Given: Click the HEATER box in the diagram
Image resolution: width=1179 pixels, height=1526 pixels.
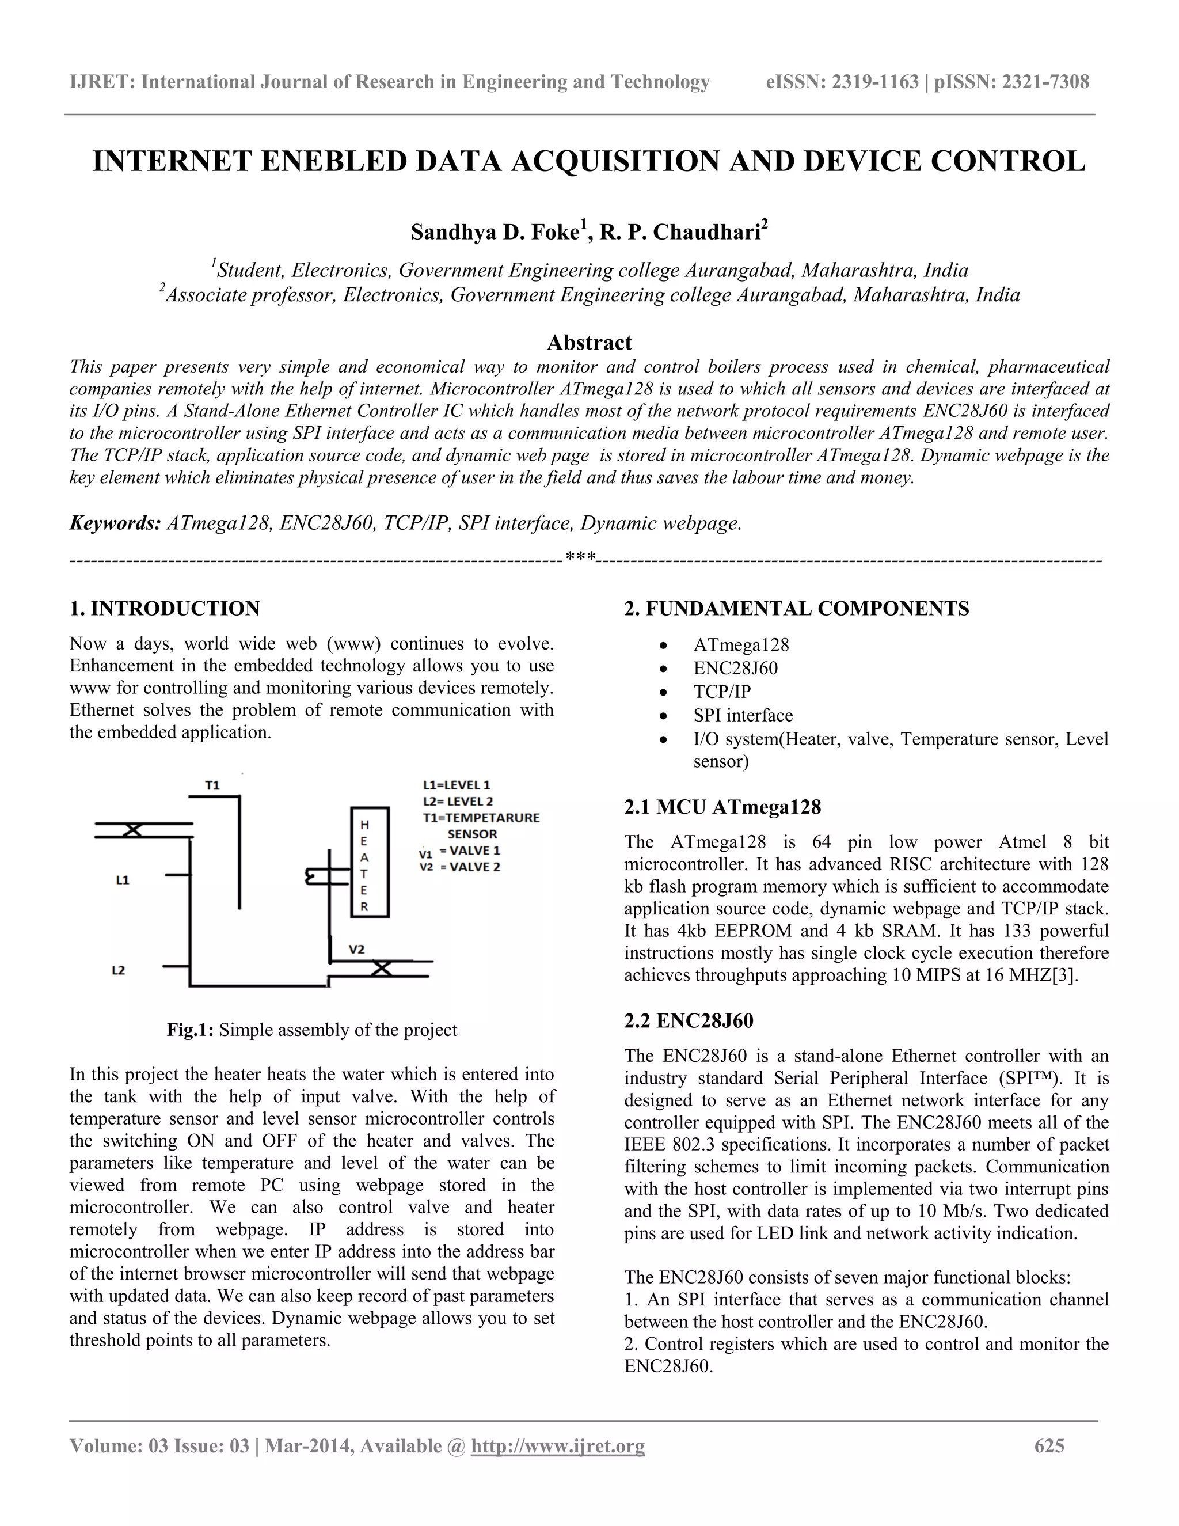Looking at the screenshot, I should (369, 861).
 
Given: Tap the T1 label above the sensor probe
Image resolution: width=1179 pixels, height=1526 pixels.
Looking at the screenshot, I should (212, 785).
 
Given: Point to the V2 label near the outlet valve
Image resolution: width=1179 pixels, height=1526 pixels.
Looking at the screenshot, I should (356, 950).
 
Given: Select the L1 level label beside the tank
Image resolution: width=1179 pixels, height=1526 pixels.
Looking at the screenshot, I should (122, 880).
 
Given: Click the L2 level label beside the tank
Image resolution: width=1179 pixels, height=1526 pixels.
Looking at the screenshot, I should (119, 970).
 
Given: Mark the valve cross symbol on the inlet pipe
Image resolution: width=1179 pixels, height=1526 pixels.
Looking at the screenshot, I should (133, 830).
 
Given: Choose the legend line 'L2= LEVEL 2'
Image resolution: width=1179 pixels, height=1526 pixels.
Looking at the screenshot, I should (458, 802).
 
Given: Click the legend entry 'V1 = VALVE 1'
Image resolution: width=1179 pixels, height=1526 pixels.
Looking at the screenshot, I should (459, 851).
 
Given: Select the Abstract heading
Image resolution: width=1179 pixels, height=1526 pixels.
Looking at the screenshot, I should (589, 343).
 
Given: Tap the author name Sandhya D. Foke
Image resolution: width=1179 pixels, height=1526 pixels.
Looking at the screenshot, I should (494, 232).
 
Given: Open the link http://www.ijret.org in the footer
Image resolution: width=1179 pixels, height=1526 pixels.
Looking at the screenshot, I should (557, 1445).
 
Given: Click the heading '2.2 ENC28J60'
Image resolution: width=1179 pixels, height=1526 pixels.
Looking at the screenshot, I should (688, 1021).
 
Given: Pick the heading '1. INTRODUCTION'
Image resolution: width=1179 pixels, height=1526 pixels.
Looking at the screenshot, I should (164, 609).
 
